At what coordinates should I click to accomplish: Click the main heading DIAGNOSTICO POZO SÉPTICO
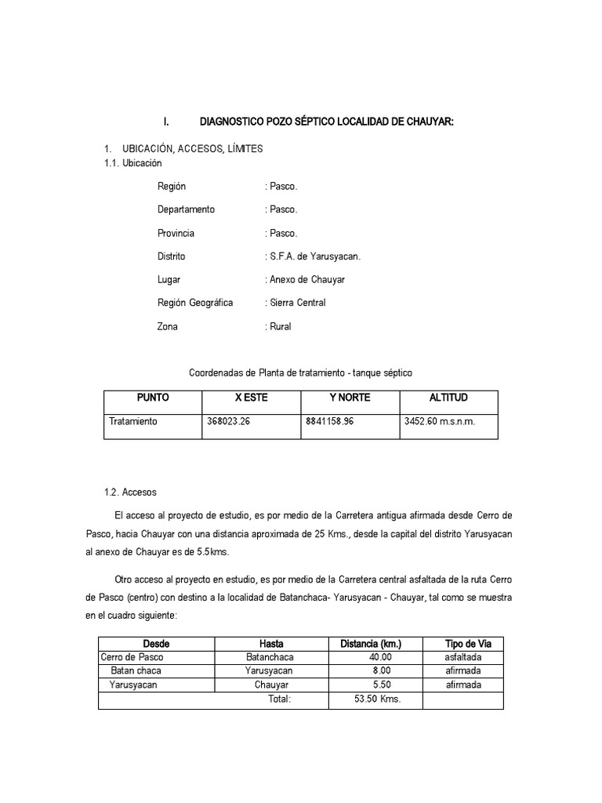(327, 122)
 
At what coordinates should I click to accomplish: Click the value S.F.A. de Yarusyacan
(314, 256)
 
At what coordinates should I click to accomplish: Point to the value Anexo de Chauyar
(305, 280)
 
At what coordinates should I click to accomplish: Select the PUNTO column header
(153, 398)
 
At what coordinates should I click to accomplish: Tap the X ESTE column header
(252, 398)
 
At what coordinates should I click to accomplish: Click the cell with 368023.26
(228, 421)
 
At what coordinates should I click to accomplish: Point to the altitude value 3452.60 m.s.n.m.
(440, 421)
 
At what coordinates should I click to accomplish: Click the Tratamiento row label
(133, 421)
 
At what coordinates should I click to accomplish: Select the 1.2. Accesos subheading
(130, 492)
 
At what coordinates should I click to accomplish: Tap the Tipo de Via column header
(463, 644)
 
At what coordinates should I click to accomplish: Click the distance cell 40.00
(380, 657)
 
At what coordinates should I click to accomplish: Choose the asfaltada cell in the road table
(463, 657)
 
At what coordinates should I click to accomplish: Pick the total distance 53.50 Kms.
(377, 699)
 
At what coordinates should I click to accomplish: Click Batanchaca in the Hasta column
(268, 657)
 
